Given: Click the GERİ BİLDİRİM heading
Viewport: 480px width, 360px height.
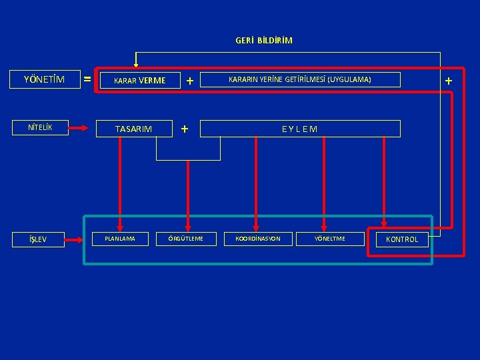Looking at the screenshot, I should tap(263, 40).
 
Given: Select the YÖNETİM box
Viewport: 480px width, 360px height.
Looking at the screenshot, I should tap(44, 80).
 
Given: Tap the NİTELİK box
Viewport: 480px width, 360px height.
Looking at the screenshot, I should tap(39, 127).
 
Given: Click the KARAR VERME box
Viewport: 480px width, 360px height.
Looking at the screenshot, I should tap(140, 81).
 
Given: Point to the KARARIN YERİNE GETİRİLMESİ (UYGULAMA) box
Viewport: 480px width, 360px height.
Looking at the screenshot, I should tap(300, 80).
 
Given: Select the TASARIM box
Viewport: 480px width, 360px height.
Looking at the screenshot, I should tap(133, 129).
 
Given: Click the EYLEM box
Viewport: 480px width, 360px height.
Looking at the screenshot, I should tap(300, 129).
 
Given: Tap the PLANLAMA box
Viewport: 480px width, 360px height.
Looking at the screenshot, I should tap(121, 239).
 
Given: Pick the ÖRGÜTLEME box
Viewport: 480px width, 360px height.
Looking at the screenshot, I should tap(187, 239).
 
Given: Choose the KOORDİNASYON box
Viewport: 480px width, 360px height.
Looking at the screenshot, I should tap(257, 239).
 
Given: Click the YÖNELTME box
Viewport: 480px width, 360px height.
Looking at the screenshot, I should tap(330, 239).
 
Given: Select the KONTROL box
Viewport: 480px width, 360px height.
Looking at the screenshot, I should tap(397, 239).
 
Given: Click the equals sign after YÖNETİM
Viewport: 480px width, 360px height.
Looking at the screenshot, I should tap(87, 80).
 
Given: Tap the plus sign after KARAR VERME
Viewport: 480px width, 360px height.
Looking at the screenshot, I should tap(190, 81).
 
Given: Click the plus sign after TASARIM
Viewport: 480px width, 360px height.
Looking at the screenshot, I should tap(185, 128).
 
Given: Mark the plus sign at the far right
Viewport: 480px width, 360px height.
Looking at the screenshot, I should tap(448, 81).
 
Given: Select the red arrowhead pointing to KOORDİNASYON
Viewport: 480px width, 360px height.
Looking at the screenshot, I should tap(256, 225).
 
